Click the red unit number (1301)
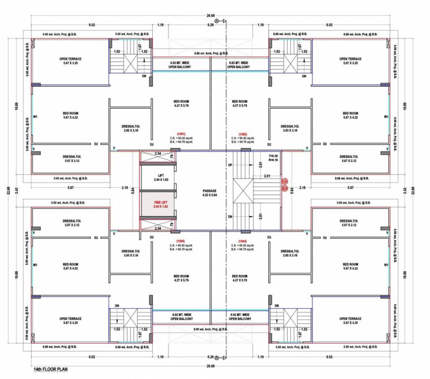click(x=181, y=133)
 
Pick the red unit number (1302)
click(x=242, y=133)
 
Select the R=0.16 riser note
click(x=273, y=160)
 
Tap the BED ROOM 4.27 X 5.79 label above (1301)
click(x=181, y=104)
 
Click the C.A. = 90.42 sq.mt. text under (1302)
click(x=242, y=138)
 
